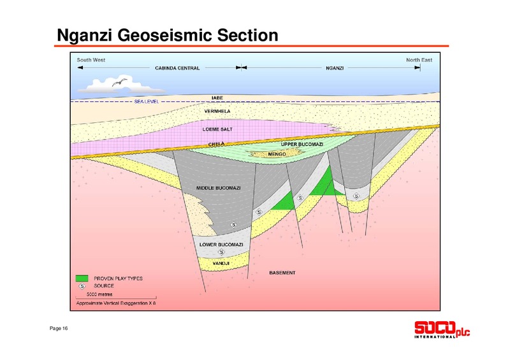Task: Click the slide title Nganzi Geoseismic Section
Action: click(168, 36)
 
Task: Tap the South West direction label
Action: click(91, 60)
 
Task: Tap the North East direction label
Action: click(419, 60)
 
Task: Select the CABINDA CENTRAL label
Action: click(177, 68)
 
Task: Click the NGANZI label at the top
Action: click(335, 68)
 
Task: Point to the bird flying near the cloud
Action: click(119, 82)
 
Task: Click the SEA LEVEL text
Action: click(147, 101)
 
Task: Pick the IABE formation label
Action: click(217, 97)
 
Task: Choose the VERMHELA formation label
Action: click(217, 112)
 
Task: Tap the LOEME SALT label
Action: click(217, 129)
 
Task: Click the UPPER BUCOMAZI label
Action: click(302, 144)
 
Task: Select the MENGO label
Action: click(277, 154)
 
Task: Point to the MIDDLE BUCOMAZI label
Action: click(218, 188)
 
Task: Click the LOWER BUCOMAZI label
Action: click(221, 245)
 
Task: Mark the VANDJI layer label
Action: click(221, 263)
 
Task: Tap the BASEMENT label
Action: click(282, 273)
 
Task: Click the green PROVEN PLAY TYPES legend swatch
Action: click(82, 278)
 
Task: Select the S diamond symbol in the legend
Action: click(82, 286)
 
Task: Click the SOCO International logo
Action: click(442, 330)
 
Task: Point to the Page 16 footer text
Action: click(59, 328)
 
